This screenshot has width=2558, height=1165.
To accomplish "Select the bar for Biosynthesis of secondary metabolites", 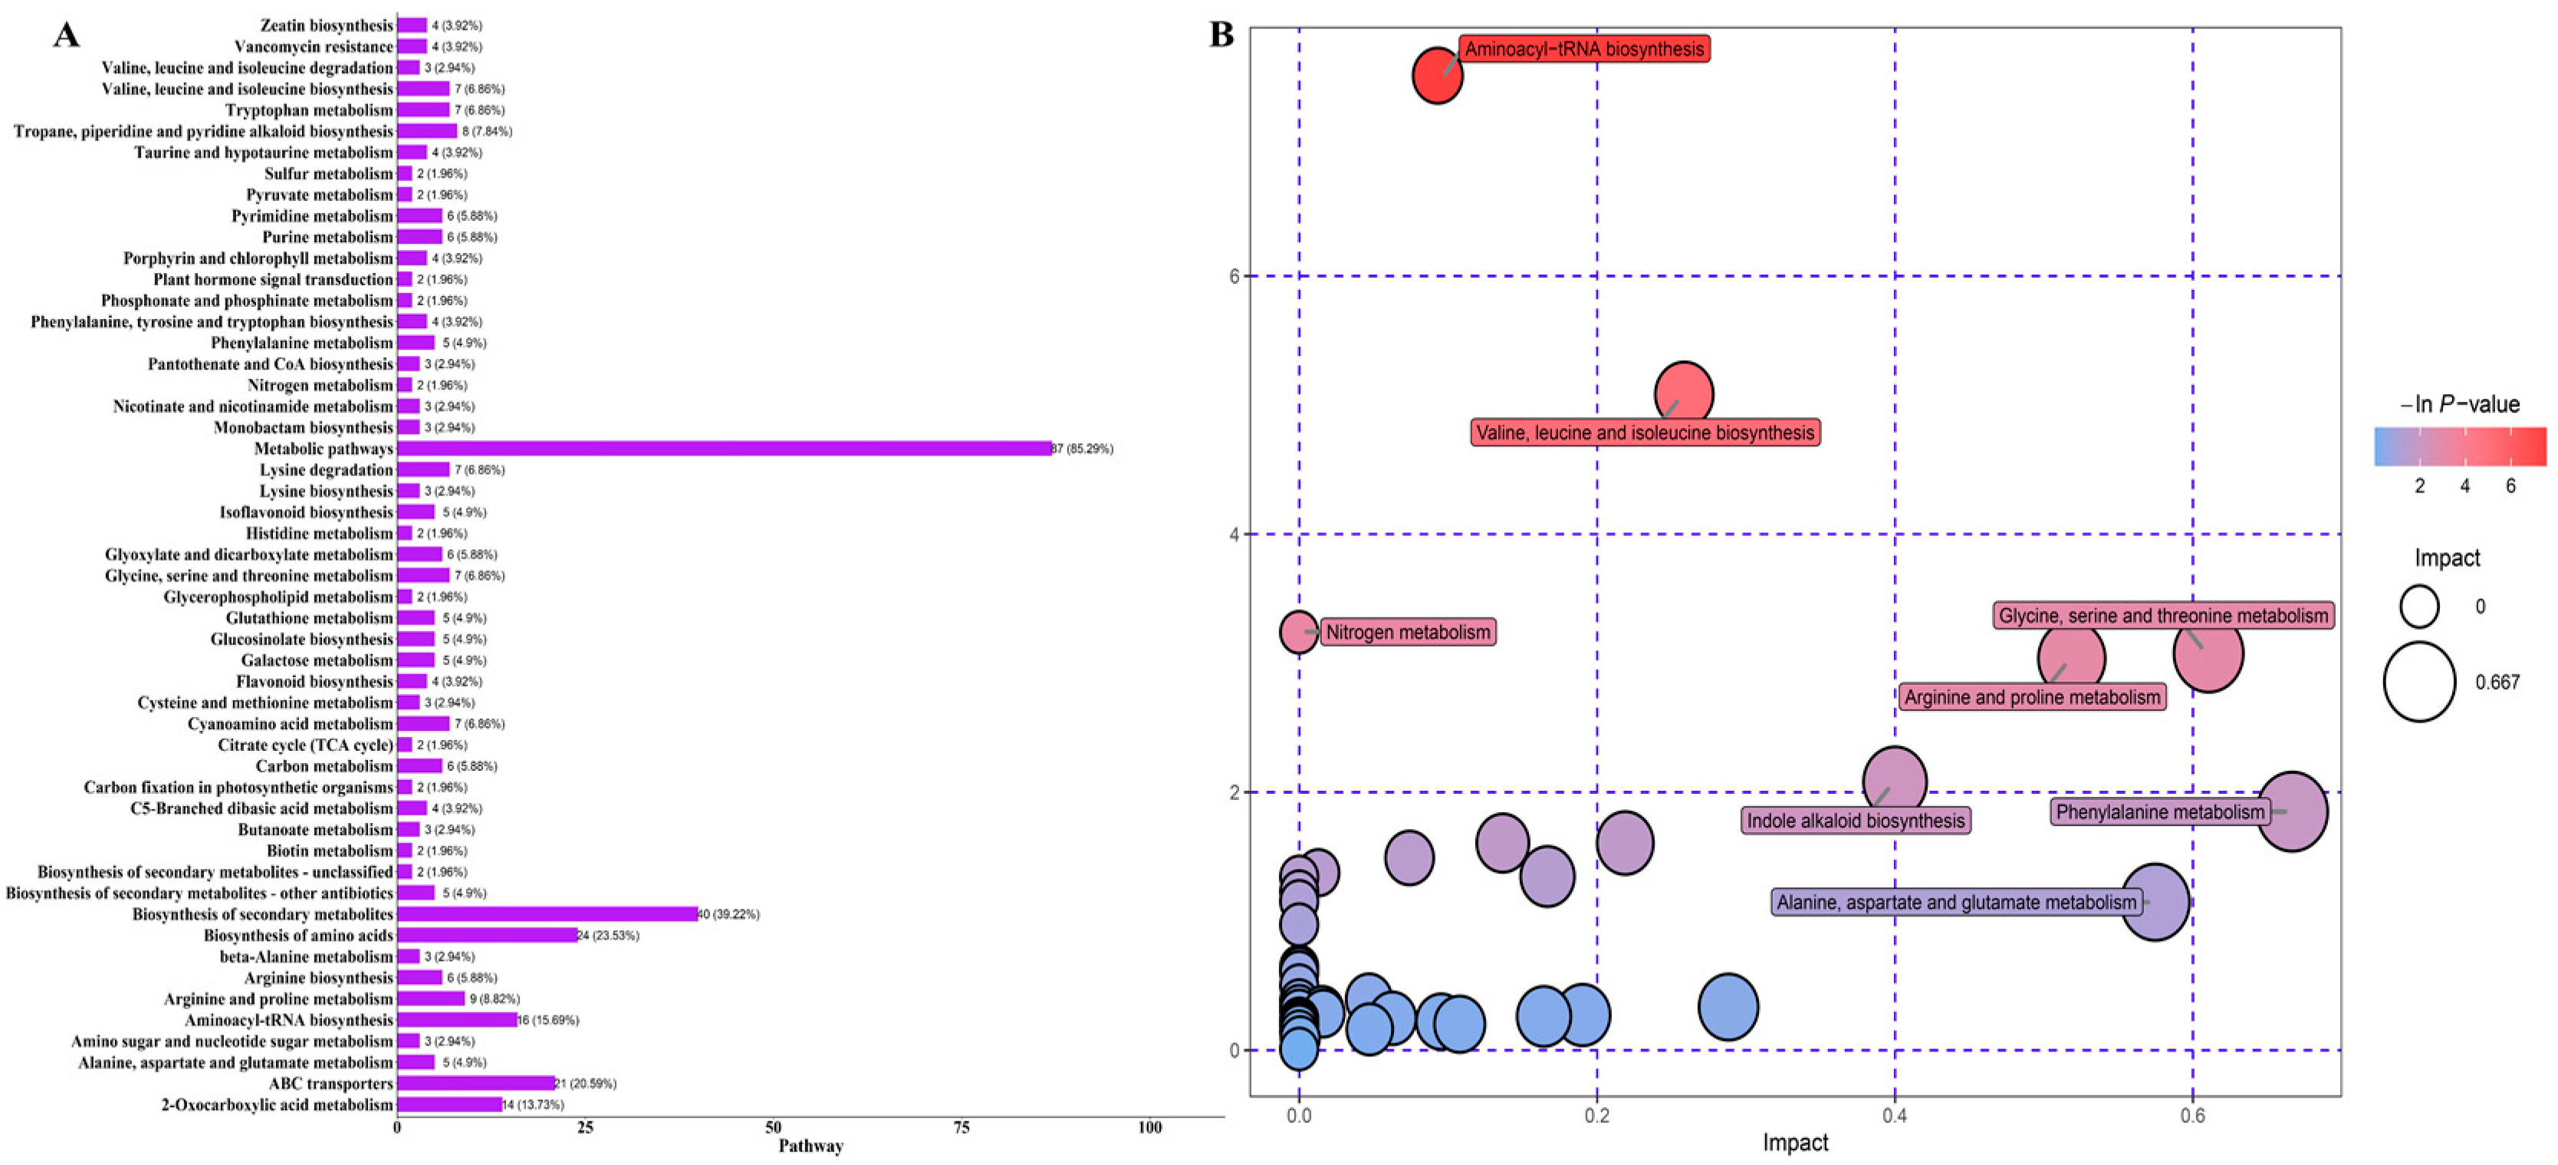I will [x=546, y=913].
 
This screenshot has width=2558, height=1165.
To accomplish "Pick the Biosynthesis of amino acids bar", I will [x=487, y=936].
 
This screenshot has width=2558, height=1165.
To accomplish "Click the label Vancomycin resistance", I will [x=313, y=47].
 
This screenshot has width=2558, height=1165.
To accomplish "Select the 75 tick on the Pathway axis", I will [x=962, y=1127].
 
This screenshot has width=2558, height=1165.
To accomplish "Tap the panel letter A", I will [x=65, y=36].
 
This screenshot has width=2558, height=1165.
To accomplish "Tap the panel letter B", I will [x=1221, y=34].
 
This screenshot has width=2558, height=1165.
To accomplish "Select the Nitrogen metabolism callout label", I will [x=1407, y=633].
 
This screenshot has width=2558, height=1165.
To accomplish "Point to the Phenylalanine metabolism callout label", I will [x=2160, y=812].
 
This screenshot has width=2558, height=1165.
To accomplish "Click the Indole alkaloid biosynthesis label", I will [x=1855, y=821].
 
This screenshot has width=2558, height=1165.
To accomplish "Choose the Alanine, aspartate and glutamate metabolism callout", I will [x=1955, y=903].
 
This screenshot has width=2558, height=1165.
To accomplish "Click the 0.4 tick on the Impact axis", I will [x=1894, y=1117].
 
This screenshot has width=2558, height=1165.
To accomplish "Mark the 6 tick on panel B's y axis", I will [x=1235, y=276].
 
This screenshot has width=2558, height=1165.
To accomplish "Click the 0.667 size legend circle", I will [x=2419, y=681].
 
